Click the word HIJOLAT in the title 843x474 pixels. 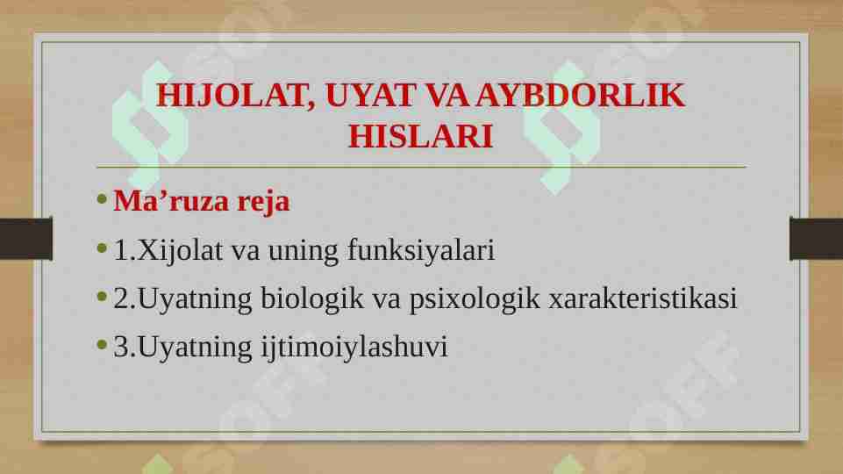pyautogui.click(x=235, y=95)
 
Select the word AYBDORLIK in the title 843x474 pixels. pyautogui.click(x=580, y=95)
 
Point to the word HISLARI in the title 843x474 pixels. pyautogui.click(x=420, y=136)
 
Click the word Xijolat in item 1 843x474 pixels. pyautogui.click(x=180, y=251)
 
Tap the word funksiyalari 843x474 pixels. pyautogui.click(x=421, y=251)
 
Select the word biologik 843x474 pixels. pyautogui.click(x=312, y=298)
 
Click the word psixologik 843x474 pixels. pyautogui.click(x=475, y=299)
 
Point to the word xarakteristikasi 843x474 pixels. pyautogui.click(x=642, y=298)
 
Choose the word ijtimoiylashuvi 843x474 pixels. pyautogui.click(x=354, y=347)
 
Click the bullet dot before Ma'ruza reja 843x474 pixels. pyautogui.click(x=102, y=199)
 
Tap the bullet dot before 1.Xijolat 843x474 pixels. pyautogui.click(x=102, y=248)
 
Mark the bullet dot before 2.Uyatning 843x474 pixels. pyautogui.click(x=102, y=297)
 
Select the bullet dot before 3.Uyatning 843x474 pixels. pyautogui.click(x=102, y=345)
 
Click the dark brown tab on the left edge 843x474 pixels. pyautogui.click(x=26, y=239)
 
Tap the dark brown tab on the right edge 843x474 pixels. pyautogui.click(x=816, y=239)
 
